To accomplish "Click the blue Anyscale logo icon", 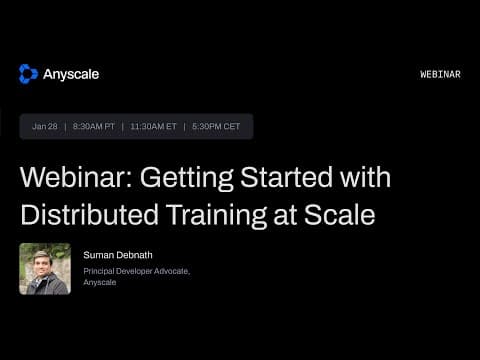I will click(x=28, y=74).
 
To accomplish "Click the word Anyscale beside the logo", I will click(x=71, y=74).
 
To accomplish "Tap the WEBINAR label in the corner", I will click(x=440, y=75).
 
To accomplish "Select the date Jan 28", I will click(x=45, y=127).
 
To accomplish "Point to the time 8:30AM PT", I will click(x=95, y=127).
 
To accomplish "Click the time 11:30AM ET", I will click(x=154, y=127).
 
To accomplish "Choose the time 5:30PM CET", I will click(x=217, y=127).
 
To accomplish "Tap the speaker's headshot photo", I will click(x=45, y=269).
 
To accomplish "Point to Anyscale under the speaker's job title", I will click(x=100, y=282).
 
